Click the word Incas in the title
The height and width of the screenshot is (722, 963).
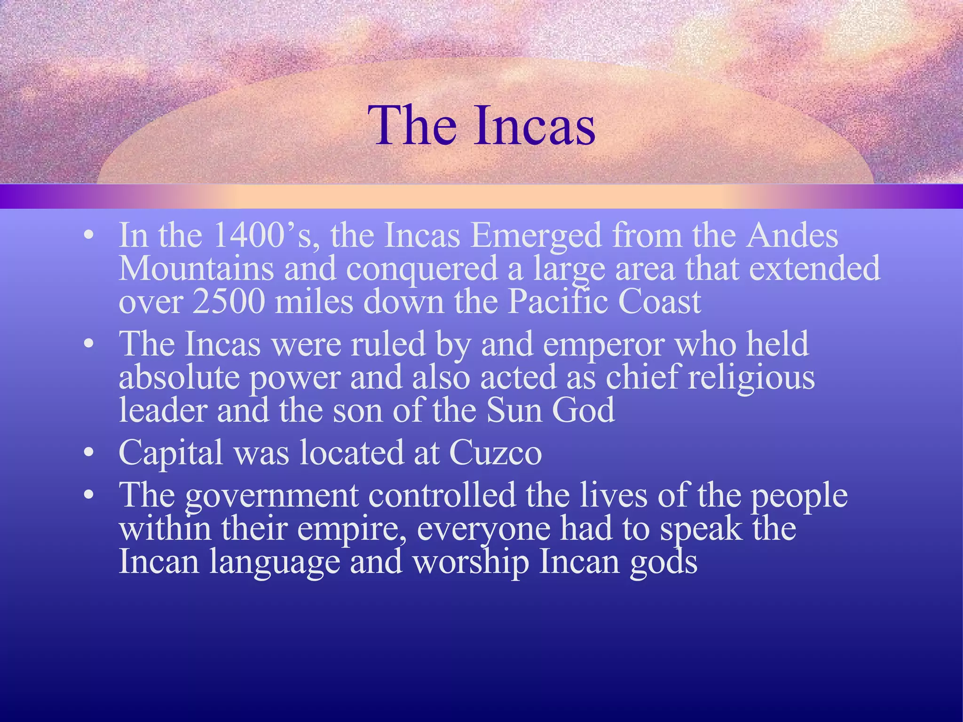pos(535,126)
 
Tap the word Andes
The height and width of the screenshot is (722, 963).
pos(792,235)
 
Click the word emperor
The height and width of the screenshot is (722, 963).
pos(604,345)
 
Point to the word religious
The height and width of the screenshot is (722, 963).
pos(751,377)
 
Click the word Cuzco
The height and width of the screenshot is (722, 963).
pos(495,453)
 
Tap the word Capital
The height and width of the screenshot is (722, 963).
pos(171,453)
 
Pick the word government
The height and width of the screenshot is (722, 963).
pos(271,496)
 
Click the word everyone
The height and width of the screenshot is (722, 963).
pos(483,529)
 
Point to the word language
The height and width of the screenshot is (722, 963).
pos(275,562)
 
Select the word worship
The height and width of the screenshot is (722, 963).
pos(471,562)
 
